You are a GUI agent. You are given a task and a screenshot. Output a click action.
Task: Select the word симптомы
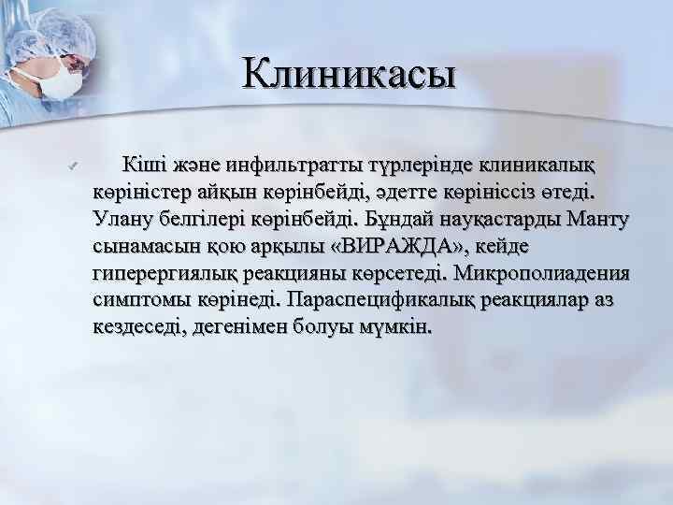(140, 301)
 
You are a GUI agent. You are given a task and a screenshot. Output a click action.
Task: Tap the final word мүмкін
(393, 328)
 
